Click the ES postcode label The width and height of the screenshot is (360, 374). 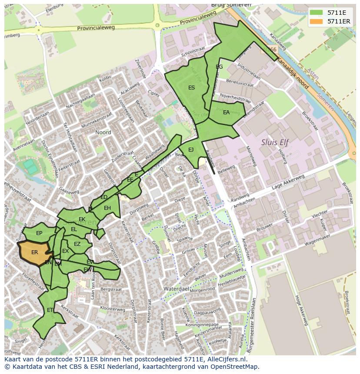click(191, 88)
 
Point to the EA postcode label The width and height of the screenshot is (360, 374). click(226, 113)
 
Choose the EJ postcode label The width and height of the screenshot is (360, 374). click(191, 150)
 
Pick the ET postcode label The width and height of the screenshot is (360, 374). click(50, 310)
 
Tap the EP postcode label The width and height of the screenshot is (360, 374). click(39, 233)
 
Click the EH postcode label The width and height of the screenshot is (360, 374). click(107, 208)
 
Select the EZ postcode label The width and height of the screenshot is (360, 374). click(77, 244)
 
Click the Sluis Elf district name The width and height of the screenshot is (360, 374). click(275, 142)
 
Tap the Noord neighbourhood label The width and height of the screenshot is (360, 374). click(103, 132)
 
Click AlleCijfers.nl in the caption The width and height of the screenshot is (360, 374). click(226, 359)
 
